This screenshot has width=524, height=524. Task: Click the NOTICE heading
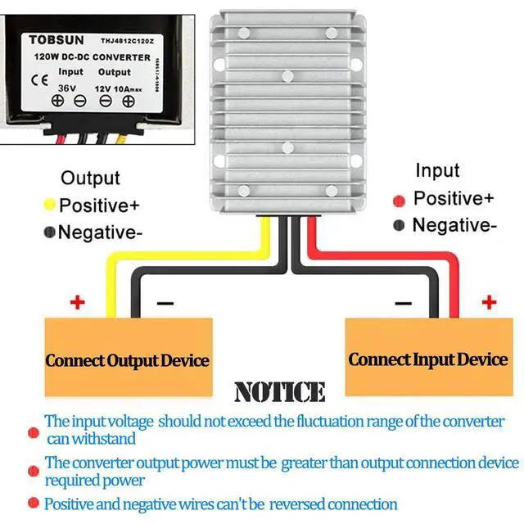point(279,392)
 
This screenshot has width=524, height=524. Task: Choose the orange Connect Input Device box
point(427,358)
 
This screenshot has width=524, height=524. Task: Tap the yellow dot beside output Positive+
point(50,204)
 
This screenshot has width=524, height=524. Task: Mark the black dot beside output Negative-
point(50,233)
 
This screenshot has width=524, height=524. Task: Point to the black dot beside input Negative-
point(399,226)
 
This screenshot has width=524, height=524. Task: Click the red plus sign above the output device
point(77,303)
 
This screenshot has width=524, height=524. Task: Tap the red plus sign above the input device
point(489,303)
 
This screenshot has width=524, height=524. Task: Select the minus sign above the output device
point(165,303)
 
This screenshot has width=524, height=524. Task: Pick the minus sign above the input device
point(402,303)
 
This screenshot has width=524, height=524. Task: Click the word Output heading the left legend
point(90,178)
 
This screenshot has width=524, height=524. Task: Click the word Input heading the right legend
point(437,170)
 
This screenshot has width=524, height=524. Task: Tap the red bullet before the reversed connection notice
point(33,503)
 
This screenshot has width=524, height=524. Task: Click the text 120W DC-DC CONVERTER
point(91,58)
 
